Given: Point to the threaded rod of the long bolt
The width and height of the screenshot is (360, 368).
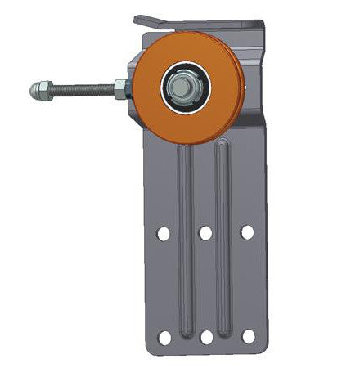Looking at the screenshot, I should click(x=78, y=88).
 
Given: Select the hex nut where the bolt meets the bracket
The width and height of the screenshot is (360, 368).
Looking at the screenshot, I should click(x=121, y=88).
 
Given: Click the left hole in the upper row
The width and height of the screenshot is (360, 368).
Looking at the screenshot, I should click(x=164, y=233).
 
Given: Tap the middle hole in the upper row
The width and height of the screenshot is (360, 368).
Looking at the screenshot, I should click(x=205, y=233).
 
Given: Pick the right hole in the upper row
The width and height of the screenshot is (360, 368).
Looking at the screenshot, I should click(x=247, y=232).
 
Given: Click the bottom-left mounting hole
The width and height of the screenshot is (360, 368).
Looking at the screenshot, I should click(x=164, y=337).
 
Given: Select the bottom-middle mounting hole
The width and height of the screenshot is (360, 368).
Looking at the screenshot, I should click(x=206, y=337).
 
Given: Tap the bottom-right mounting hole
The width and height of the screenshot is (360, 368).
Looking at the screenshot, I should click(x=248, y=336).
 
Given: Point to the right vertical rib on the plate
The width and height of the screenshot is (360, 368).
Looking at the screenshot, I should click(x=222, y=245).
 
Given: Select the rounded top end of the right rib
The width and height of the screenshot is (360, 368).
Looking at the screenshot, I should click(x=222, y=146).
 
